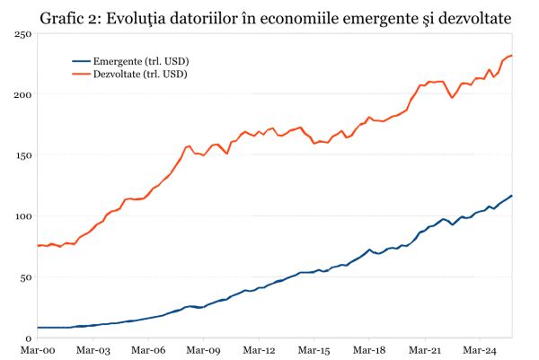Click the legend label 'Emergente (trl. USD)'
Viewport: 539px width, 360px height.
pos(141,61)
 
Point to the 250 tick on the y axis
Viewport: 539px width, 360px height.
pos(23,33)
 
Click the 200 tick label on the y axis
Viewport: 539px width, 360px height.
pos(23,94)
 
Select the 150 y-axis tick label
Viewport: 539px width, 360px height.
pos(23,155)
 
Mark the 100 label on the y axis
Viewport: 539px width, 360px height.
pos(23,216)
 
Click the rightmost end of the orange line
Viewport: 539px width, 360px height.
pos(512,56)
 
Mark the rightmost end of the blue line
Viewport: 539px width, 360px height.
pos(512,196)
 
